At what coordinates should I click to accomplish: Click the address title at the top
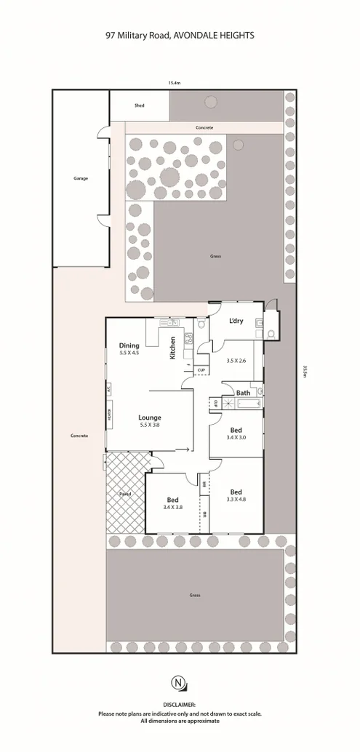point(180,33)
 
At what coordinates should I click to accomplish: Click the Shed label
point(139,106)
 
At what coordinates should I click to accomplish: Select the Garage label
point(80,177)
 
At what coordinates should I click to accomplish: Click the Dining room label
point(129,345)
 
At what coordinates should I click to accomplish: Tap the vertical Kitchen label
point(172,349)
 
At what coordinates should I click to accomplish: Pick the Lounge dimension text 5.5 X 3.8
point(150,425)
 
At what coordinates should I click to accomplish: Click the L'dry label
point(236,321)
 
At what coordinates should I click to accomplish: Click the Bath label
point(242,393)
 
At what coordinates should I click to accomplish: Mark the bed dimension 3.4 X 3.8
point(173,508)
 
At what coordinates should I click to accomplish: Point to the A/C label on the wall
point(109,390)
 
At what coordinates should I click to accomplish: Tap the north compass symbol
point(179,703)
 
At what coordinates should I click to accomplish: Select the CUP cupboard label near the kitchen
point(200,370)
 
